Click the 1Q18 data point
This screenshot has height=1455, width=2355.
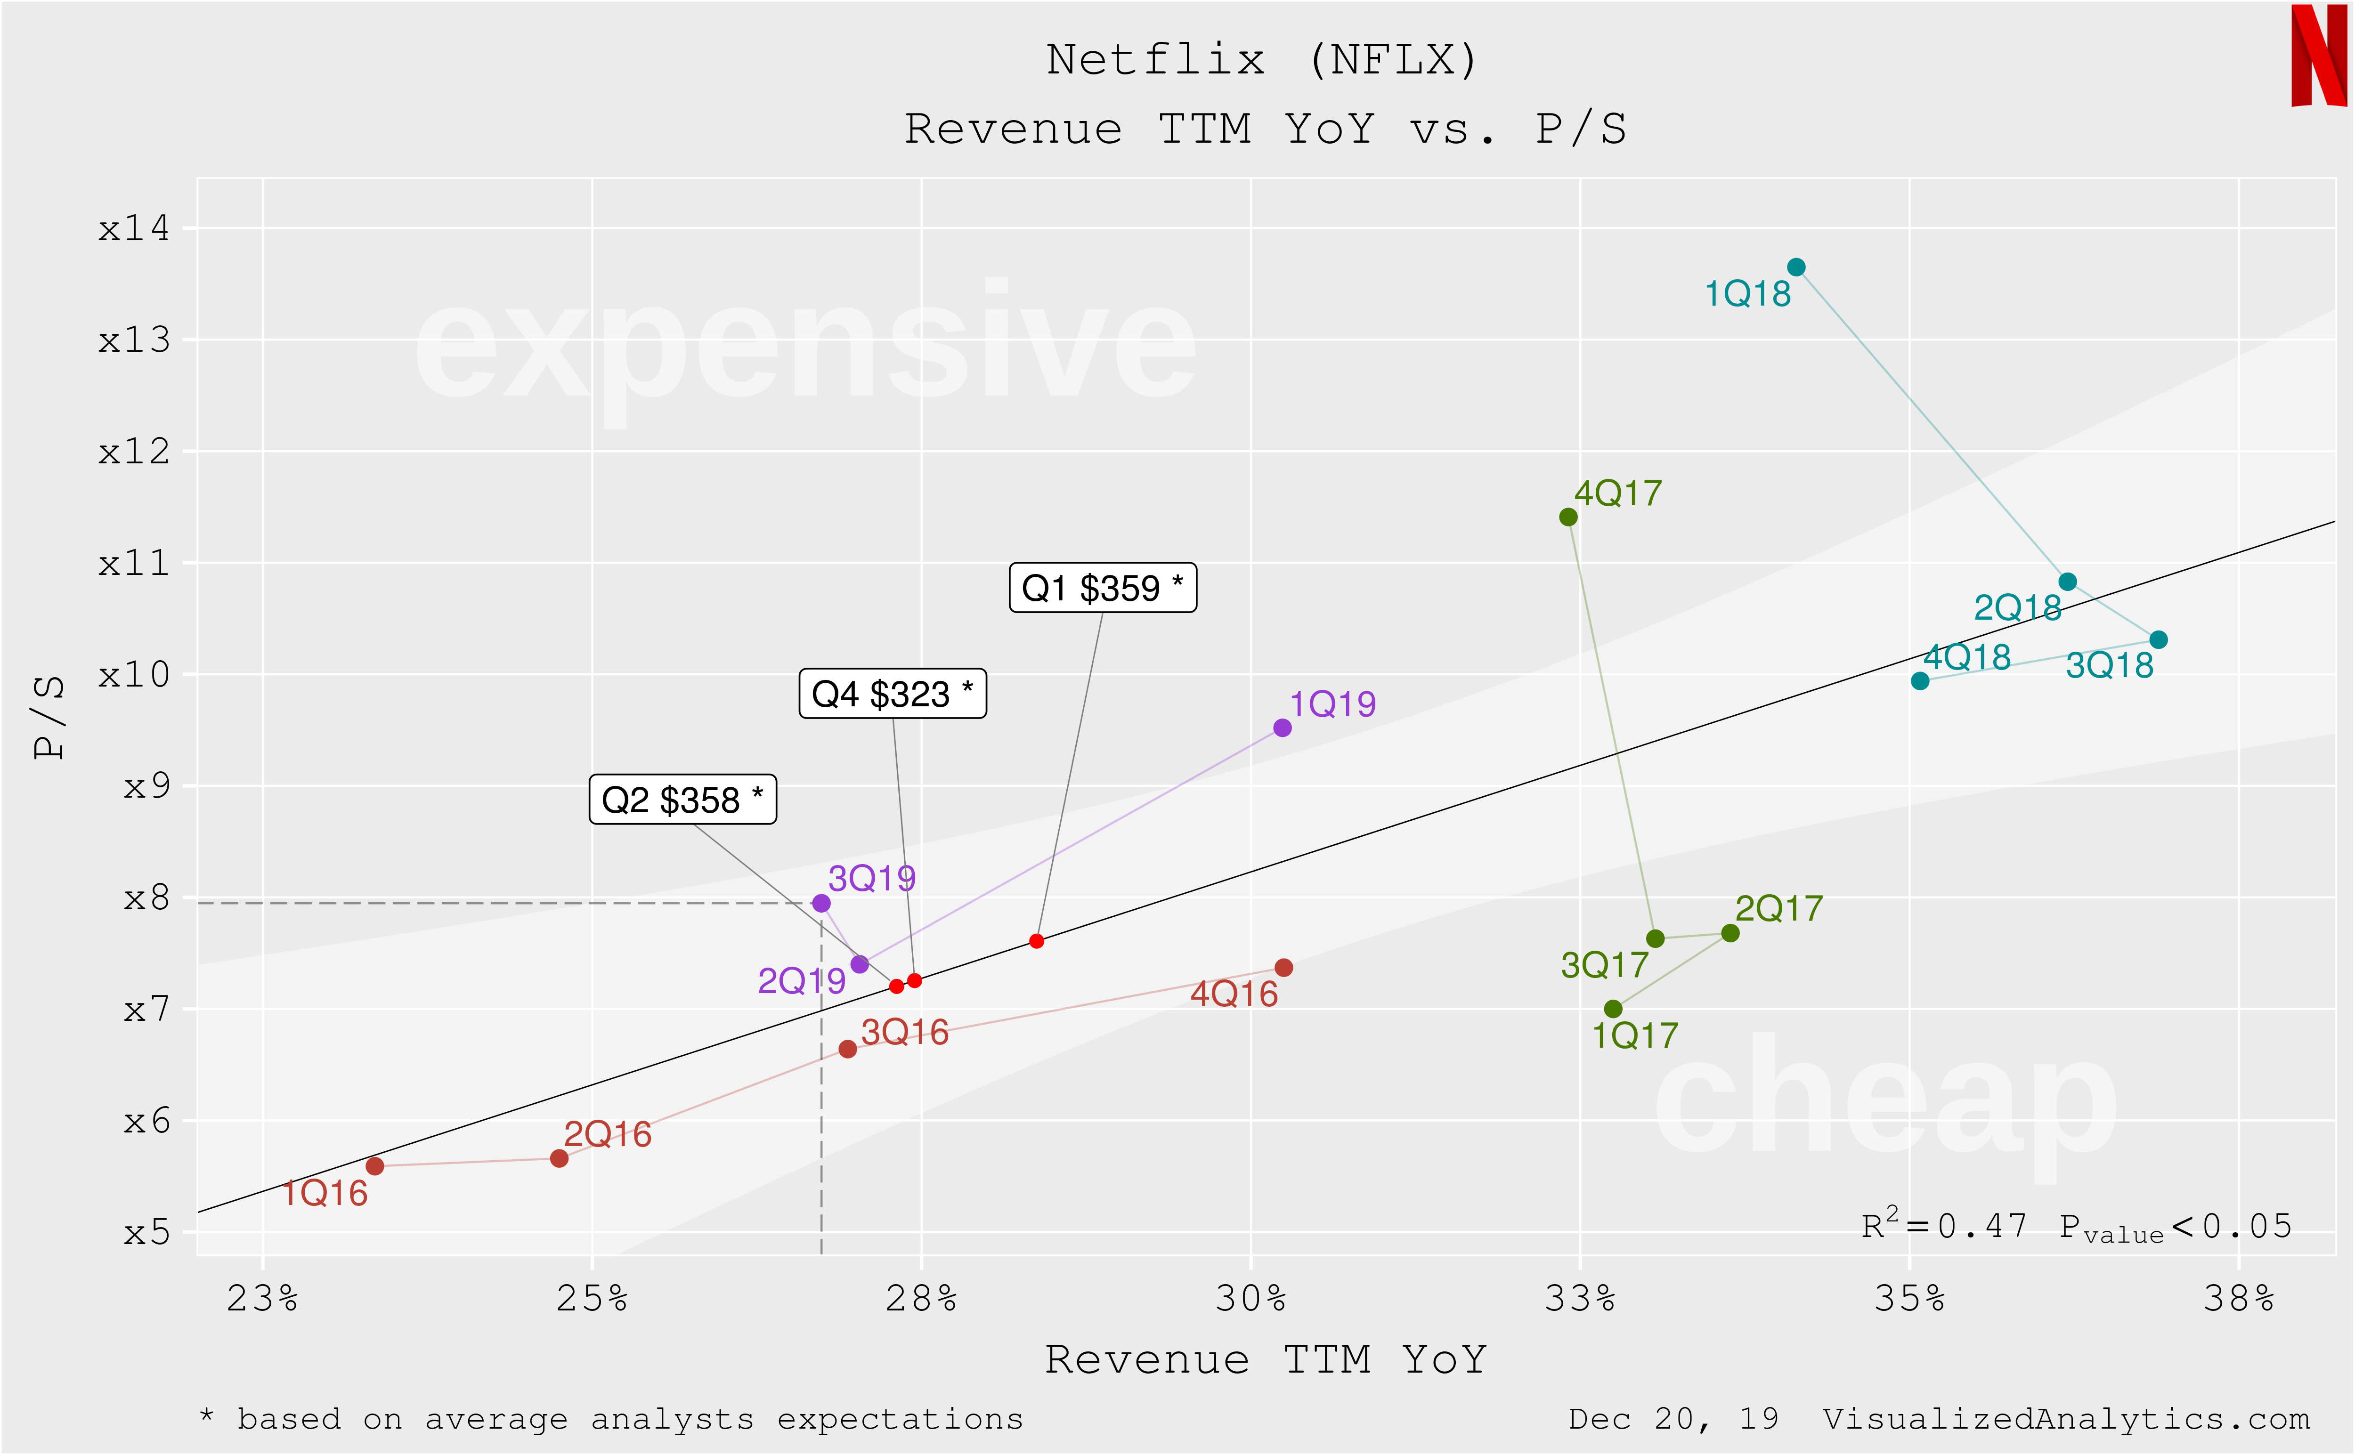pos(1796,267)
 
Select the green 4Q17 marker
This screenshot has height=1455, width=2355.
pos(1568,517)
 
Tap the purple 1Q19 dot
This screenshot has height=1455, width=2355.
pos(1282,727)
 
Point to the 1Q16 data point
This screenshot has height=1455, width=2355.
pos(375,1166)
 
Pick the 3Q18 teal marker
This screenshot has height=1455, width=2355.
pos(2159,640)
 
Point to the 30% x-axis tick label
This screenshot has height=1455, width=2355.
pos(1250,1299)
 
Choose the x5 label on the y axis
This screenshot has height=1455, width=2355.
pos(146,1233)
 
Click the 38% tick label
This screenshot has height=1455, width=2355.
pos(2239,1299)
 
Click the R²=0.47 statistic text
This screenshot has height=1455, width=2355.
pos(1944,1226)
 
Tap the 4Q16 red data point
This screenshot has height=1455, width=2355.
pos(1283,967)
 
